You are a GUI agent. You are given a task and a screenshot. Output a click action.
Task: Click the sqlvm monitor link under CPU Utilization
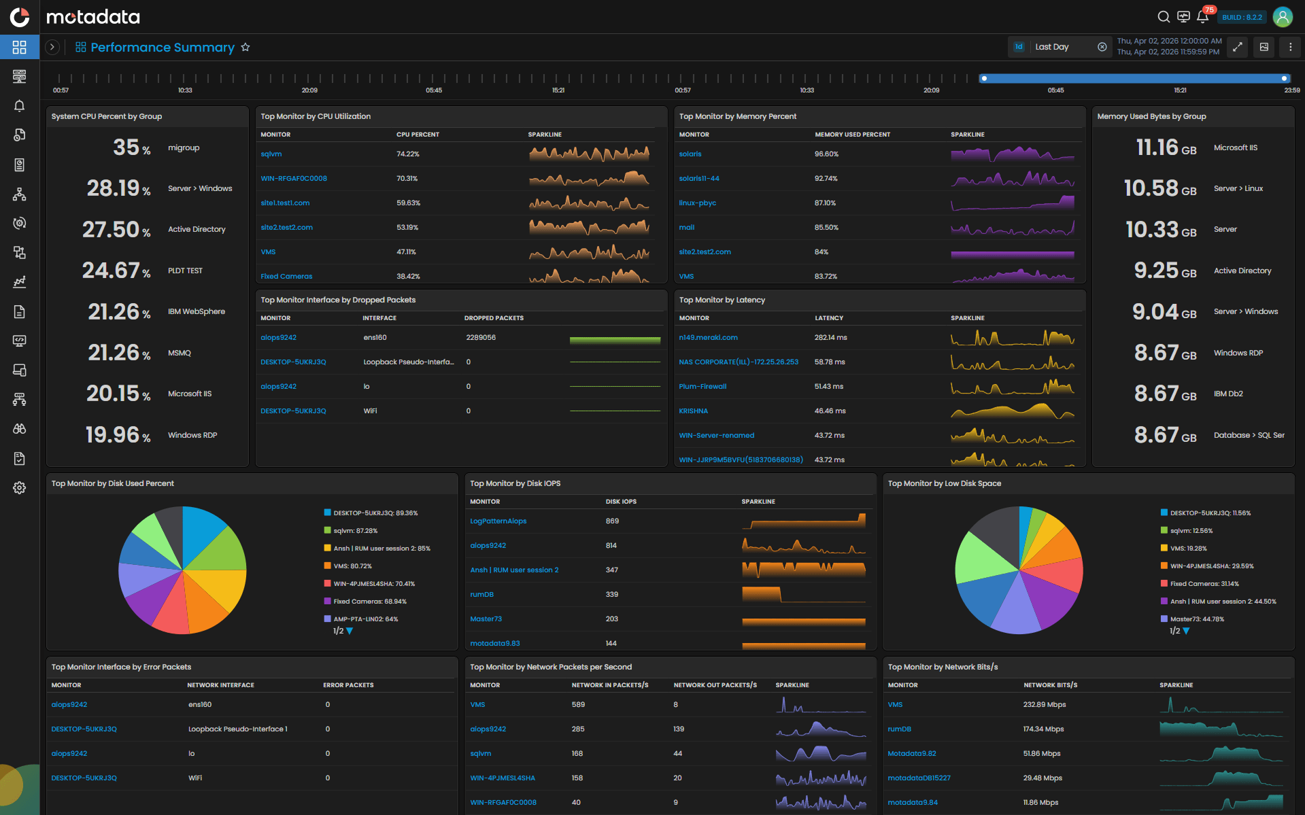pyautogui.click(x=271, y=154)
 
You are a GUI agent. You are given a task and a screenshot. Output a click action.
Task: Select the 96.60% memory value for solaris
pyautogui.click(x=826, y=154)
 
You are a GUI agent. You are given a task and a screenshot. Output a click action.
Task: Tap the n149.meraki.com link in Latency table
pyautogui.click(x=708, y=338)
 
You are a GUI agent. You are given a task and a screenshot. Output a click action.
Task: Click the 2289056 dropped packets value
pyautogui.click(x=481, y=338)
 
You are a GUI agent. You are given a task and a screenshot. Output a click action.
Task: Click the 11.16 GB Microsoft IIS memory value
pyautogui.click(x=1166, y=148)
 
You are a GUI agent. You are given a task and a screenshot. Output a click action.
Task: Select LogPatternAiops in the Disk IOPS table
pyautogui.click(x=498, y=521)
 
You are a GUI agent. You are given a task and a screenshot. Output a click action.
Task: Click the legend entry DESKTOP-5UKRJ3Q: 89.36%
pyautogui.click(x=375, y=513)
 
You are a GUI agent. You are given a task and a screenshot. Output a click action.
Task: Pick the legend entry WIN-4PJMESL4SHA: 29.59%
pyautogui.click(x=1211, y=566)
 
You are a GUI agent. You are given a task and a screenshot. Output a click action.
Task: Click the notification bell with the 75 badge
pyautogui.click(x=1202, y=17)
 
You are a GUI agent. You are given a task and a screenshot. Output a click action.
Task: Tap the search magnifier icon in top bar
pyautogui.click(x=1164, y=17)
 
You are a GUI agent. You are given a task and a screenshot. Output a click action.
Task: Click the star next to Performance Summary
pyautogui.click(x=245, y=48)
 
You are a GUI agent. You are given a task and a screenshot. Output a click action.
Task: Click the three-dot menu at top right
pyautogui.click(x=1290, y=47)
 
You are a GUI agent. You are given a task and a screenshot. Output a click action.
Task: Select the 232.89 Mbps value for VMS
pyautogui.click(x=1044, y=705)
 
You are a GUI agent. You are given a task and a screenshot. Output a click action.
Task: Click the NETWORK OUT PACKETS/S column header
pyautogui.click(x=715, y=685)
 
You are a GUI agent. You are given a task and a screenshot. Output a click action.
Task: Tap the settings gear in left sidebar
pyautogui.click(x=20, y=488)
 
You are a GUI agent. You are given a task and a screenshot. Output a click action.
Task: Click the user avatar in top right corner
pyautogui.click(x=1283, y=17)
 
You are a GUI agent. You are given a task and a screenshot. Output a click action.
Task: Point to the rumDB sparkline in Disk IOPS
pyautogui.click(x=803, y=595)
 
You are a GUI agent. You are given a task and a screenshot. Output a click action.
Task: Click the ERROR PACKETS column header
pyautogui.click(x=348, y=685)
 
